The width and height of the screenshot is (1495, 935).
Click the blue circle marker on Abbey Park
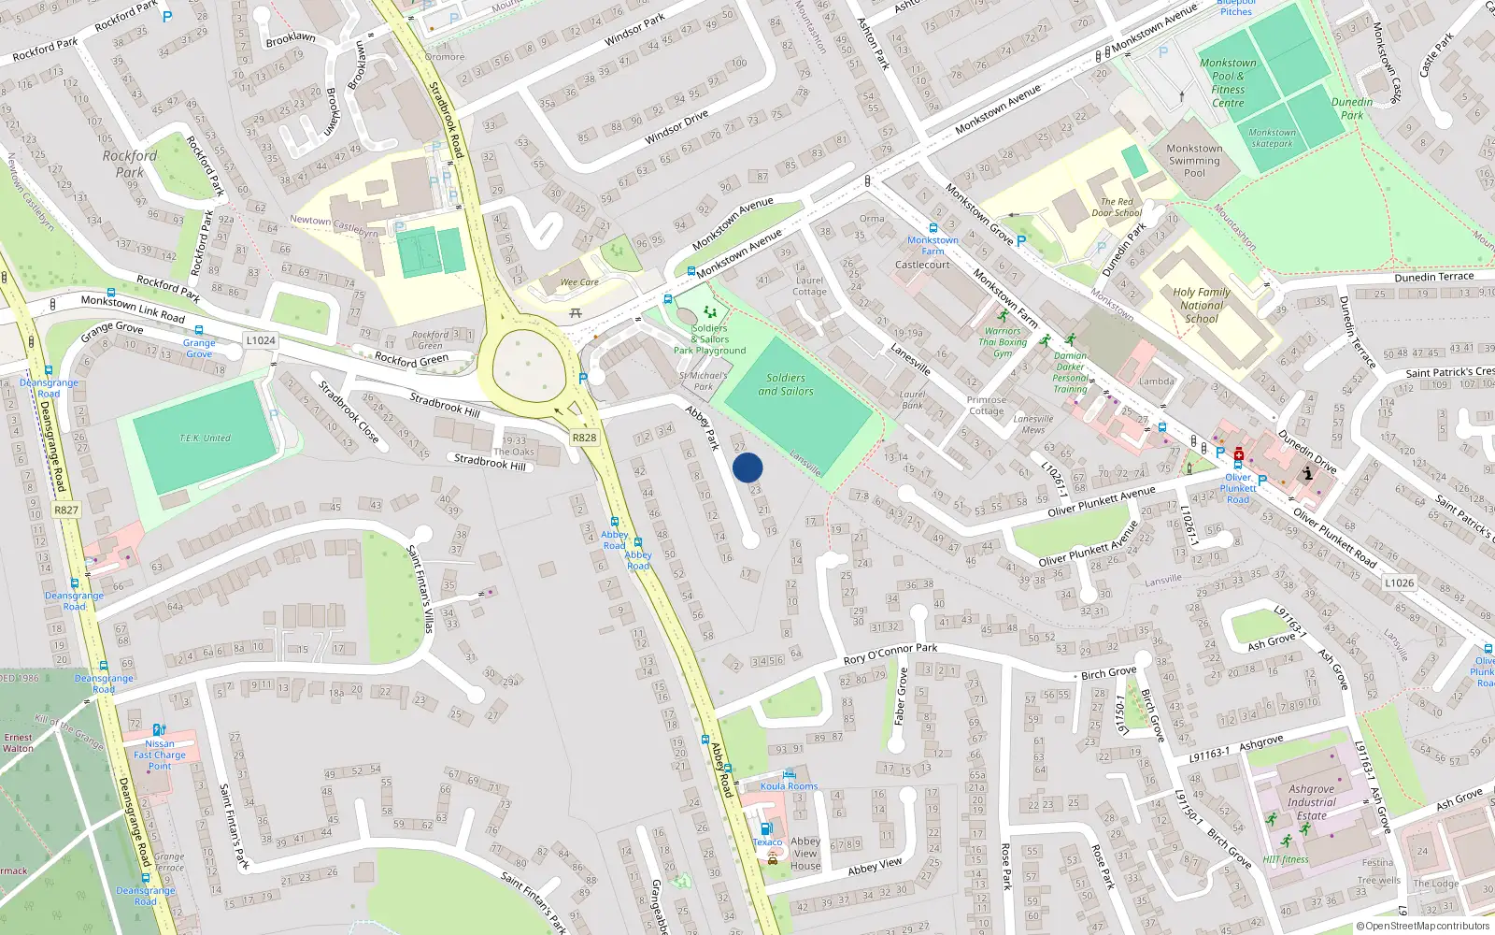click(x=747, y=467)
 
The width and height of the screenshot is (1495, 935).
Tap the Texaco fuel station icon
click(x=766, y=828)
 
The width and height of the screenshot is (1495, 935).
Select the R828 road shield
click(x=584, y=438)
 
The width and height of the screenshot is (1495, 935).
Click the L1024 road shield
click(x=261, y=340)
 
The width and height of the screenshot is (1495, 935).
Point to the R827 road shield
click(x=66, y=511)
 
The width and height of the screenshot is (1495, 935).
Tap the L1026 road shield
click(x=1399, y=583)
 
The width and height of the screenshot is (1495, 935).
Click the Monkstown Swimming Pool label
click(x=1194, y=161)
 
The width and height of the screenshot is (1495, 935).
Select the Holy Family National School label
click(x=1202, y=305)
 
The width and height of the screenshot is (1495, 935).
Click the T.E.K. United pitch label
click(x=205, y=438)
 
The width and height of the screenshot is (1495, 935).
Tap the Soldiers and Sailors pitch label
click(x=785, y=384)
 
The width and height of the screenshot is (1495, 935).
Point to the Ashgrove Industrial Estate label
click(x=1311, y=802)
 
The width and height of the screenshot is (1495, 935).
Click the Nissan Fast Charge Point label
click(x=160, y=755)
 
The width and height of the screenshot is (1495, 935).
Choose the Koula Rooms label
click(x=789, y=786)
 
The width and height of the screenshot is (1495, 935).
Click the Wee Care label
click(x=579, y=281)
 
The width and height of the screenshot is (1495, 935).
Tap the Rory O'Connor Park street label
click(x=890, y=654)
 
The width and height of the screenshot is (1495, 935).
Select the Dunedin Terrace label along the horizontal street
click(x=1433, y=278)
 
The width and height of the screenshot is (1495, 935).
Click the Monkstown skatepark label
click(x=1273, y=138)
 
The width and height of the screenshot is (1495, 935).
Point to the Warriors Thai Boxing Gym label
click(x=1003, y=342)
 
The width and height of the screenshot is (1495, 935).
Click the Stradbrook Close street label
click(x=348, y=411)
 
